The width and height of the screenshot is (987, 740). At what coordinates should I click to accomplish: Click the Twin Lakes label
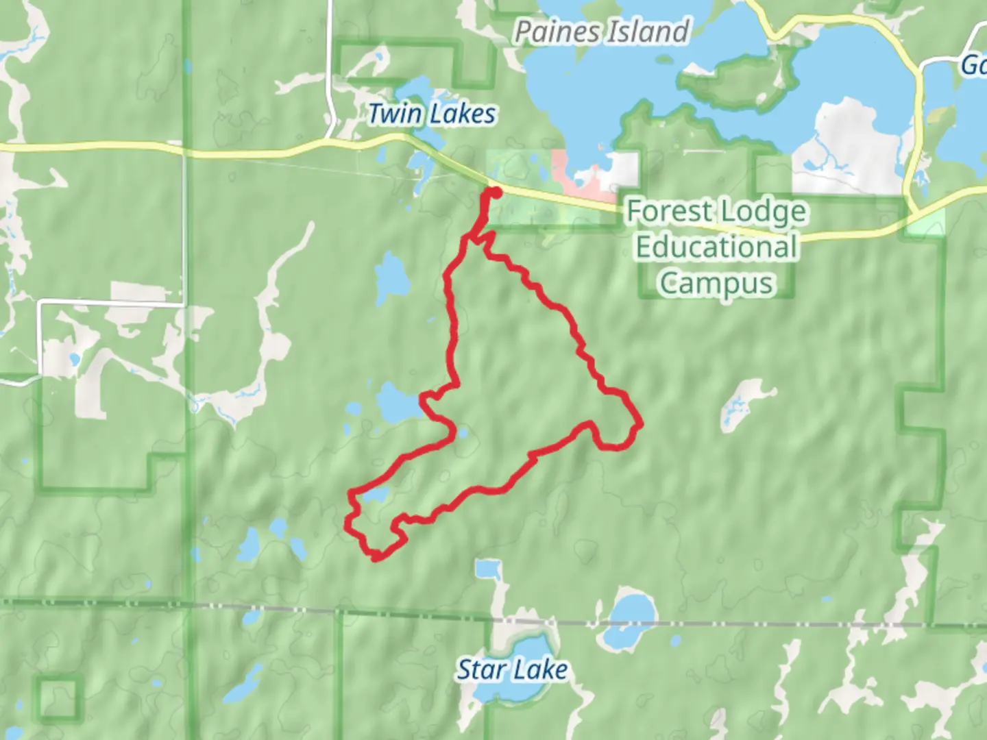coord(432,114)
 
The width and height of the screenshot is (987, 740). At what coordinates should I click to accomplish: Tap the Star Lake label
coord(512,669)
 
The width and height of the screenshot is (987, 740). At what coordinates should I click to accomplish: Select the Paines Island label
coord(602,32)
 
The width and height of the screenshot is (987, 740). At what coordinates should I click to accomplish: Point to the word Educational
coord(716,247)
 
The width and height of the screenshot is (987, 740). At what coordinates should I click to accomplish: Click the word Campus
coord(716,283)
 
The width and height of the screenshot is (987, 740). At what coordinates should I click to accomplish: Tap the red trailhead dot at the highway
coord(492,193)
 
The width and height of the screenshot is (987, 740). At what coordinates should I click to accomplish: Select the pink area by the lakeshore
coord(579,175)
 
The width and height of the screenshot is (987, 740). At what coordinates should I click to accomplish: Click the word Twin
coord(394,114)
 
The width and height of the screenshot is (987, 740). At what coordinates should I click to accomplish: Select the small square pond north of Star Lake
coord(488,569)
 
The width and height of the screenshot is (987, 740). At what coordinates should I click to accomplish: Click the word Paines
coord(557,32)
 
